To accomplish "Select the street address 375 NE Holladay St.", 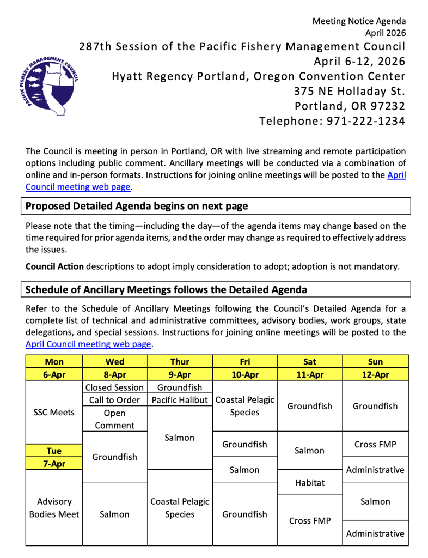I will (350, 91).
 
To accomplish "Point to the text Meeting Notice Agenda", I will (359, 21).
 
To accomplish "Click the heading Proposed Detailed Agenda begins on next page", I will (137, 206).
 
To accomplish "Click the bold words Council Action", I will (54, 266).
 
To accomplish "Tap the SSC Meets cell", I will (54, 412).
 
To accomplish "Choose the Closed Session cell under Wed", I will (114, 387).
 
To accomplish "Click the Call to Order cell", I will (114, 400).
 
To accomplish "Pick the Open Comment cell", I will (114, 419).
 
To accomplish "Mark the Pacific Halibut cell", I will (180, 400).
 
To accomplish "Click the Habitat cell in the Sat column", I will (310, 482).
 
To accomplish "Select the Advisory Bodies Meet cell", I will (54, 507).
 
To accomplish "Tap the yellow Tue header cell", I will (54, 451).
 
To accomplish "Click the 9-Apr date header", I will (180, 374).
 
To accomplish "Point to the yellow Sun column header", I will (375, 361).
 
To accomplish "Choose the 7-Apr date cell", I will (54, 463).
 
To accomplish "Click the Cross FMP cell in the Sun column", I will (375, 445).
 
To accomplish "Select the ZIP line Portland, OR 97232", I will (350, 106).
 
